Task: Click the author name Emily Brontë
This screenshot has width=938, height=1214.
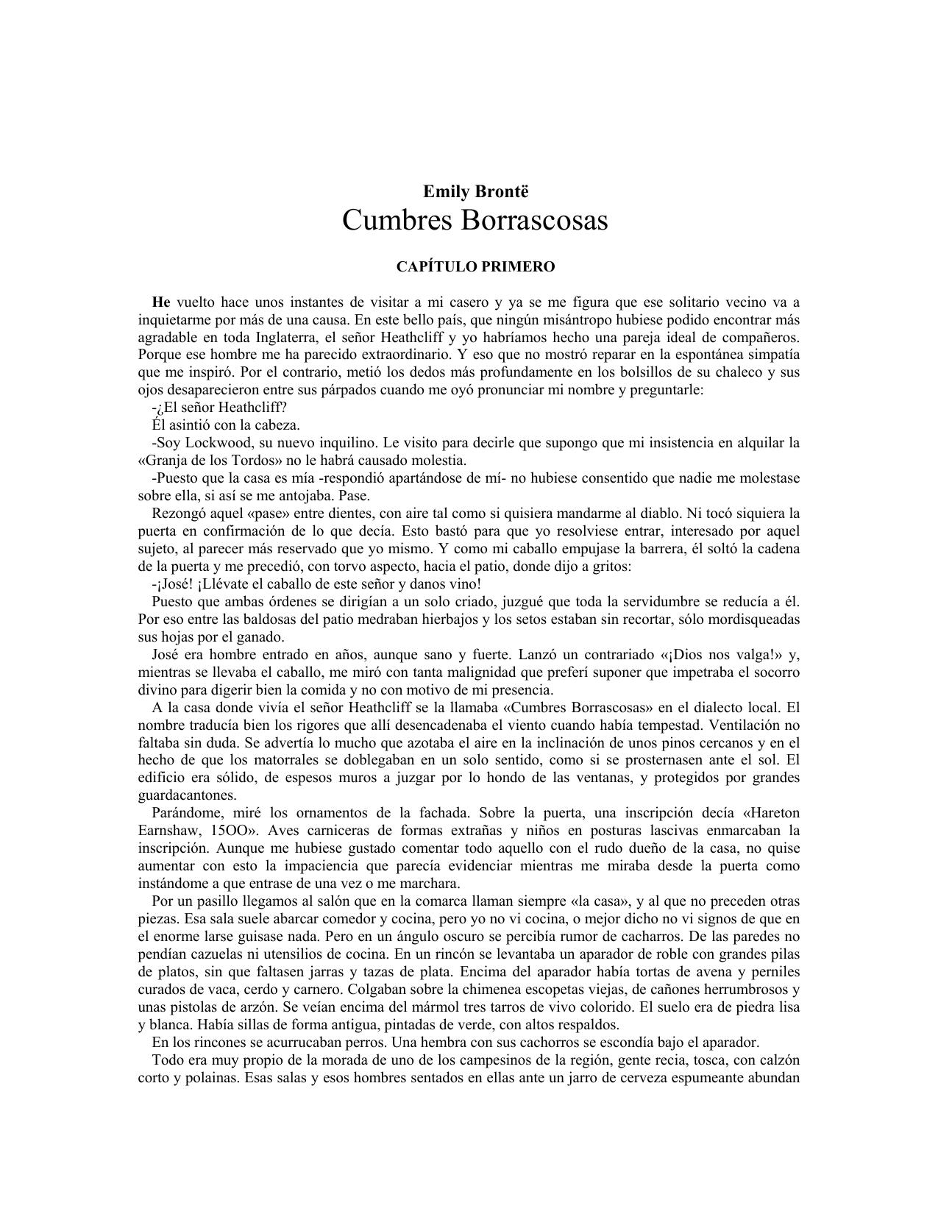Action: [475, 192]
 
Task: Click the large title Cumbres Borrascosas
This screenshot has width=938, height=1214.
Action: [475, 220]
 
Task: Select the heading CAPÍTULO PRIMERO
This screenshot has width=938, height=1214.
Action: [475, 266]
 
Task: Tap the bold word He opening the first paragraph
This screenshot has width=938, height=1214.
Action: [161, 302]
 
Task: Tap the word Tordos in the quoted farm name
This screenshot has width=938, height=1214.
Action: [259, 461]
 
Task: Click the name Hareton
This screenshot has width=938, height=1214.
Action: [776, 813]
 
